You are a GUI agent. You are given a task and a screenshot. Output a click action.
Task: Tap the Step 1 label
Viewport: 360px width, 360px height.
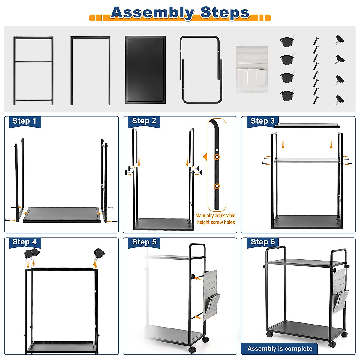[24, 121]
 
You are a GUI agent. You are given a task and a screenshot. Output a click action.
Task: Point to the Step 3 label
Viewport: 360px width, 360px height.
[262, 121]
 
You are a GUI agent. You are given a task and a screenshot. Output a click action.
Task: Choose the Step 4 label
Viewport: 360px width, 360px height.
[25, 242]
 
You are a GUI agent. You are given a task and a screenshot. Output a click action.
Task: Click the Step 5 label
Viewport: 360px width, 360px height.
[144, 242]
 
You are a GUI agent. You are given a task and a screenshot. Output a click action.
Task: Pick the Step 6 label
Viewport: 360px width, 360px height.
[263, 242]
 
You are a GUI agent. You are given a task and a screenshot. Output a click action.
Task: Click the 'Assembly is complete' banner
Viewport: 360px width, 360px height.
[280, 349]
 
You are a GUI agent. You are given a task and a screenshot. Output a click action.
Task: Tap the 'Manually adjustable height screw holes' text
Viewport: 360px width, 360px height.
[216, 219]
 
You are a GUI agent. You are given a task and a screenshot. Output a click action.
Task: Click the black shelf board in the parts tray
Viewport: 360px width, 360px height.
[145, 70]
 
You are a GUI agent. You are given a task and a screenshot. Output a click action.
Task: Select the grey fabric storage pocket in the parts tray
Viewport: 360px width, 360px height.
[252, 69]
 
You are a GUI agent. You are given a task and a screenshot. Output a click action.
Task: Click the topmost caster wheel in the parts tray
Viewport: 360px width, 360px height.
[287, 41]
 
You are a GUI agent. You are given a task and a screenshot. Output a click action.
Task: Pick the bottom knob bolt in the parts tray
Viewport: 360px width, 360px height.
[340, 99]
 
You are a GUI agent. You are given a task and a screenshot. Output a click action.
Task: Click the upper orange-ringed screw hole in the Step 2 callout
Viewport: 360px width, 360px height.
[217, 157]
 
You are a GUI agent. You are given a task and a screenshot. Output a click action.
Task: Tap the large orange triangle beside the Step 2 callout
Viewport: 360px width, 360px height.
[205, 157]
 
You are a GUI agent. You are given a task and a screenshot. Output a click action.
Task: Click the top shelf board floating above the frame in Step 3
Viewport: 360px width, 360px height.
[307, 125]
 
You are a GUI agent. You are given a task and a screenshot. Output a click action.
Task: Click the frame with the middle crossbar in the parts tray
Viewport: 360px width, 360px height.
[33, 70]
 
